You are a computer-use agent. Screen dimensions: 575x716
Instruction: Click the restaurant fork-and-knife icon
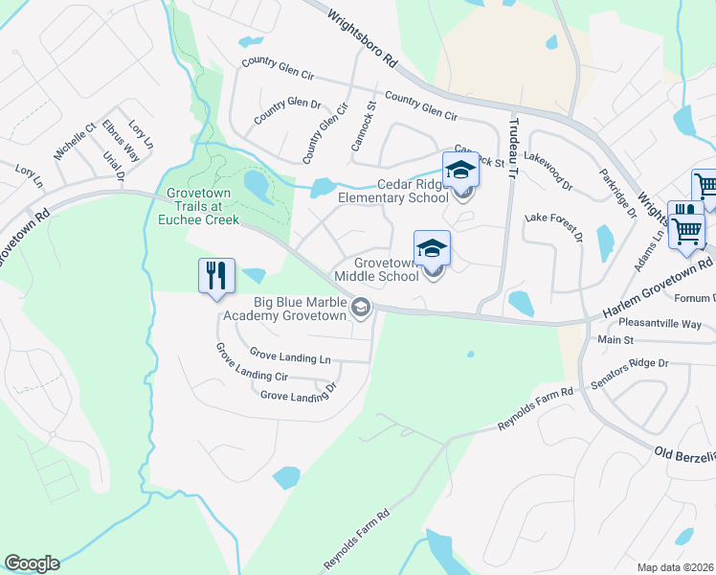tap(216, 276)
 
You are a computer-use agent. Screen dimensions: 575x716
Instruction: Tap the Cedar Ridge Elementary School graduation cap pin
tap(460, 172)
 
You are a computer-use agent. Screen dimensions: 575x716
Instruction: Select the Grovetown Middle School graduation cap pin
tap(432, 249)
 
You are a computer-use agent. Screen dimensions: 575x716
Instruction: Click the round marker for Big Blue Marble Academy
tap(361, 308)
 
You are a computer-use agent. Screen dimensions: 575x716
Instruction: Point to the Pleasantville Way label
tap(660, 324)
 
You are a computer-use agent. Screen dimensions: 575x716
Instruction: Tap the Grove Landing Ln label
tap(290, 357)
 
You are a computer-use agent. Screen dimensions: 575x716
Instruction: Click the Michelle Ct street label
tap(75, 140)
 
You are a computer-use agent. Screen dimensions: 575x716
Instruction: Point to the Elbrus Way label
tap(121, 140)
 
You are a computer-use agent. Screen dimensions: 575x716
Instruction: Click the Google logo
tap(32, 563)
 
